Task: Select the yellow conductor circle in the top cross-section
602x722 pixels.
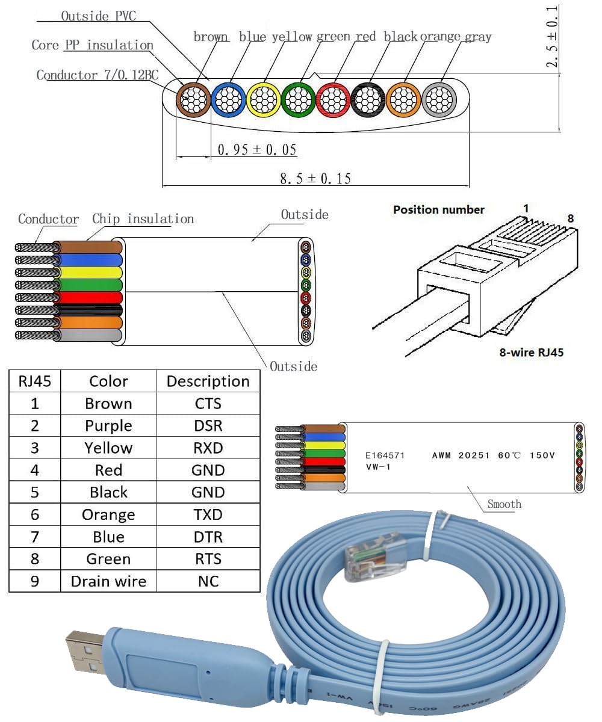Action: coord(263,98)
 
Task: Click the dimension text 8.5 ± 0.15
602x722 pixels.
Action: coord(315,178)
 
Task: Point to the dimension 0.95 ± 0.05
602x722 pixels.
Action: coord(257,149)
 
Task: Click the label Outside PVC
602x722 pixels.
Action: coord(98,16)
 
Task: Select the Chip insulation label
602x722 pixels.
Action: coord(143,219)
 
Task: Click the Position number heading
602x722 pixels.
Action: coord(438,210)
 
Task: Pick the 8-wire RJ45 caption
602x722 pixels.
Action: coord(531,353)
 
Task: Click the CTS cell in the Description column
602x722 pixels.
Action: coord(208,404)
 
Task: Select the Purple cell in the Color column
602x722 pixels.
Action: coord(108,426)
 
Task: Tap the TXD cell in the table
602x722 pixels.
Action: coord(208,515)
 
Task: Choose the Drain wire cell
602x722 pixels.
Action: coord(108,582)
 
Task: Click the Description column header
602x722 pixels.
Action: coord(208,381)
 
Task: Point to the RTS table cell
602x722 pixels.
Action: coord(208,560)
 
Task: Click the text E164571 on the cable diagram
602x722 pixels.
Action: coord(385,455)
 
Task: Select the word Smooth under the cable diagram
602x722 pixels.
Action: coord(504,504)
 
